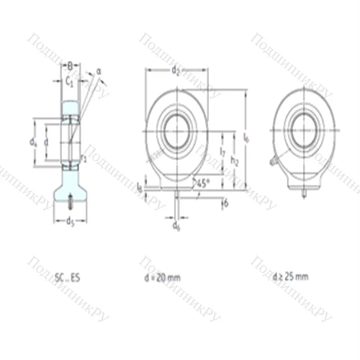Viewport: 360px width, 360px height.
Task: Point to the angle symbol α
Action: [x=99, y=71]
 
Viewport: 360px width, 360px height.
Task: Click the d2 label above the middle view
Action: [x=176, y=70]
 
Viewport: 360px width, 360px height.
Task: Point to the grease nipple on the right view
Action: [x=274, y=162]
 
